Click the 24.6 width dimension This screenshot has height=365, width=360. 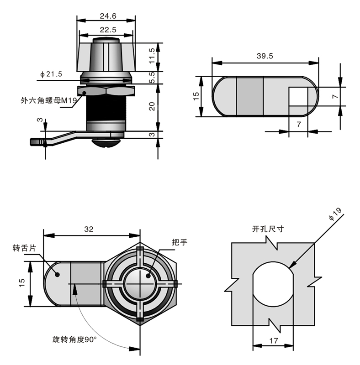108,16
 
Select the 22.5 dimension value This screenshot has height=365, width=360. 108,30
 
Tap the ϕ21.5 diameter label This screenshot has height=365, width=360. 51,74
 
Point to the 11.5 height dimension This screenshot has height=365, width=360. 152,56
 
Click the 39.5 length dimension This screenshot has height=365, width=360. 265,56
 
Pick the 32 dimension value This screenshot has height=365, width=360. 89,229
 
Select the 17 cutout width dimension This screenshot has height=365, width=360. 274,341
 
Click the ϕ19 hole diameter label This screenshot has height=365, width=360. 335,214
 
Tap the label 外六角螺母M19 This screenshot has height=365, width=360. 49,100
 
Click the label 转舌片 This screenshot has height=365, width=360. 24,248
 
